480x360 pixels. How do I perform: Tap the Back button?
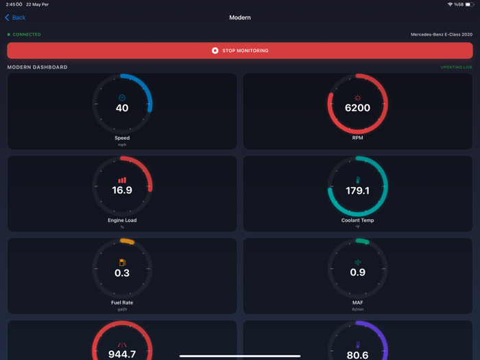click(x=16, y=18)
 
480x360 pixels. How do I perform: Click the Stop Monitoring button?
click(x=240, y=51)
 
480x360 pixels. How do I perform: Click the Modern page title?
click(x=240, y=18)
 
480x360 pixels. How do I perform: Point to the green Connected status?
click(x=25, y=34)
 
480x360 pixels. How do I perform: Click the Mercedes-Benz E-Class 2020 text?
click(x=441, y=34)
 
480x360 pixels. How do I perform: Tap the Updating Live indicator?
click(x=456, y=67)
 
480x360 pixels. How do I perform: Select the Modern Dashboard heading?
click(x=37, y=67)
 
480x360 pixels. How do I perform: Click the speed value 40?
click(x=122, y=108)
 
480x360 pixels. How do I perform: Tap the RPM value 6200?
click(x=357, y=108)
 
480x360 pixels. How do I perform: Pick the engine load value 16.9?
click(x=122, y=191)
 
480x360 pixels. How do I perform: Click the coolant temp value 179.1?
click(x=357, y=191)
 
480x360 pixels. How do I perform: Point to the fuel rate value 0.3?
click(x=122, y=273)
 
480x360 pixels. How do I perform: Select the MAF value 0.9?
click(x=357, y=273)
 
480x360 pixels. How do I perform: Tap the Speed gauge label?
click(x=122, y=138)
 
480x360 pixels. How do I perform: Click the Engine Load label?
click(x=122, y=220)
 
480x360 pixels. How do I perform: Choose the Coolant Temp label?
click(x=357, y=220)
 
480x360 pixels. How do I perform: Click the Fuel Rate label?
click(x=122, y=302)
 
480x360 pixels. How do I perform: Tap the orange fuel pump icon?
click(x=122, y=263)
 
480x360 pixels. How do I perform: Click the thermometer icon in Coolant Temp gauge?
click(x=357, y=180)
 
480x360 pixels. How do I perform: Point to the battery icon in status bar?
click(x=469, y=5)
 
